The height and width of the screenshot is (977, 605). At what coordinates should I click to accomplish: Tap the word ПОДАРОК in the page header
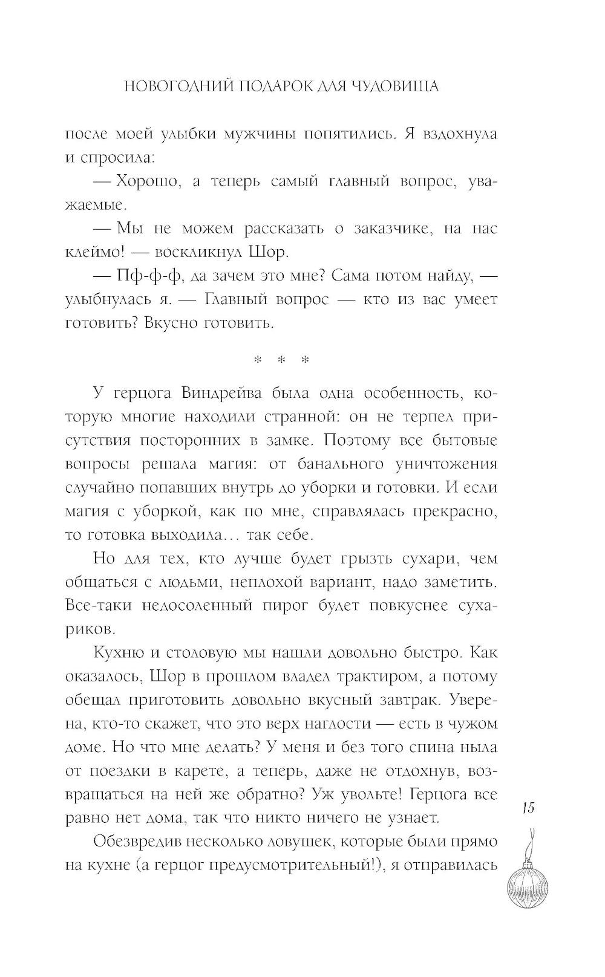click(x=273, y=87)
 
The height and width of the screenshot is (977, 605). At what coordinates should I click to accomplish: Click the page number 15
click(x=528, y=808)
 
